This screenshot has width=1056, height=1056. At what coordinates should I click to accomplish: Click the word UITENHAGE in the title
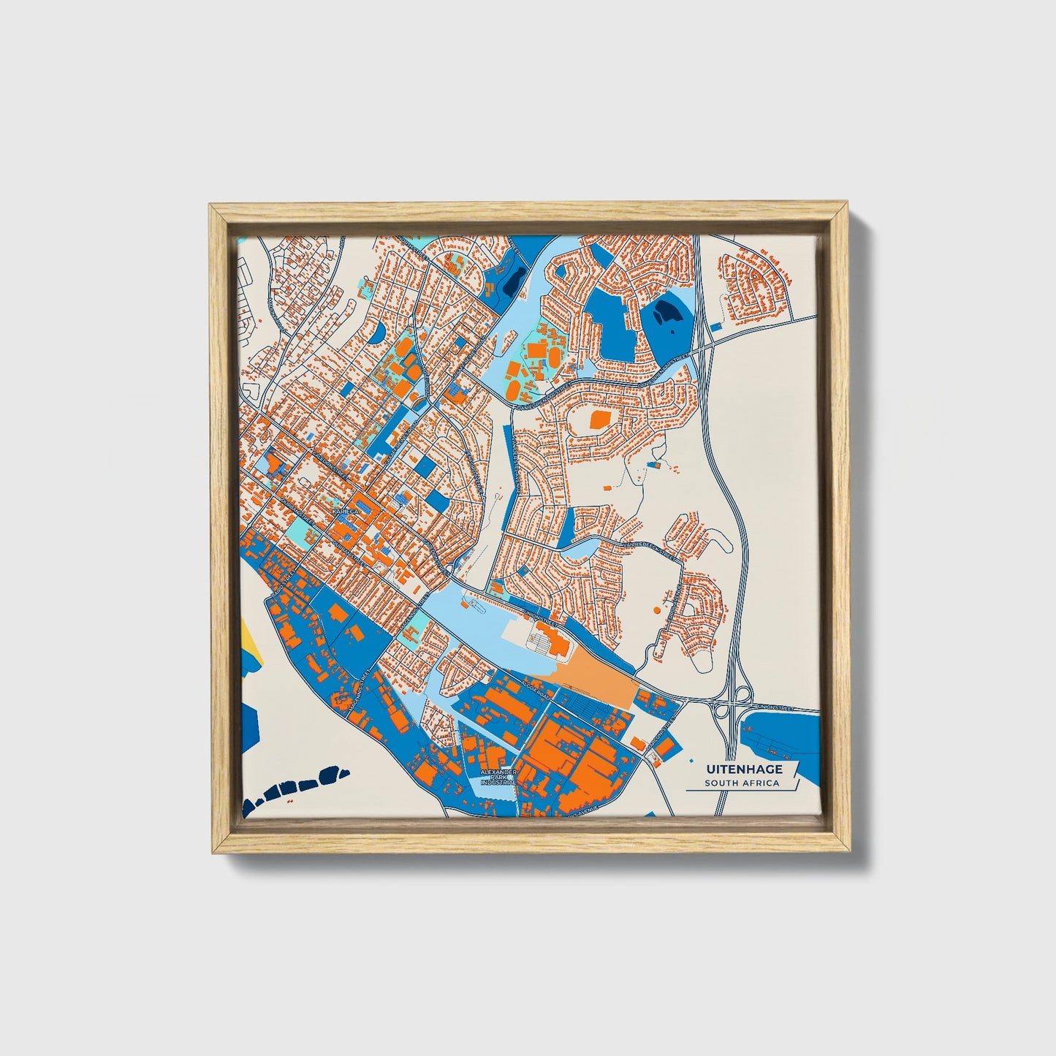click(744, 769)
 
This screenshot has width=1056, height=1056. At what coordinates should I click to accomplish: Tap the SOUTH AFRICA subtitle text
click(742, 783)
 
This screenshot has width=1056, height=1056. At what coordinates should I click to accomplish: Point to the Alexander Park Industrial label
click(498, 777)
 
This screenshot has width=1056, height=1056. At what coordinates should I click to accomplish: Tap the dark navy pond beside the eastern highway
click(666, 314)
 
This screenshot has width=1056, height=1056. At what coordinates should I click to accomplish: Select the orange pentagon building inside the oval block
click(599, 419)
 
